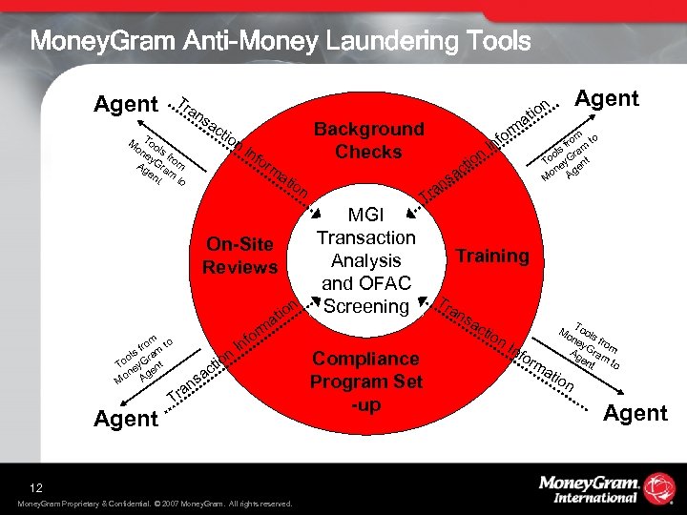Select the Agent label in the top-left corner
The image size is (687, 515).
point(126,104)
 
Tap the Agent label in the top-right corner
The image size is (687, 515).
point(606,97)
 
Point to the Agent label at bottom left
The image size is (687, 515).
point(125,418)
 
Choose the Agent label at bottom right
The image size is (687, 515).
point(635,412)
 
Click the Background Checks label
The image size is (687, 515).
point(368,140)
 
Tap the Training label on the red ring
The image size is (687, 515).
point(491,256)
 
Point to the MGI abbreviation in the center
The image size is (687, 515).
point(366,215)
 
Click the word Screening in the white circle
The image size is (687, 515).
point(366,306)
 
